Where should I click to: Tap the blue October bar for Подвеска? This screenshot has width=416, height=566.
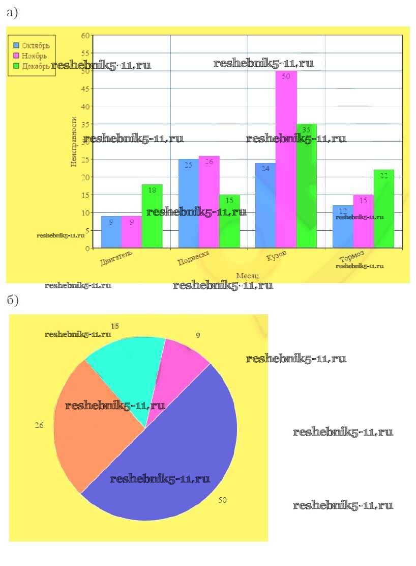pos(188,204)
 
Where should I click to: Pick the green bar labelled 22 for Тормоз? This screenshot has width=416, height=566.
pos(383,209)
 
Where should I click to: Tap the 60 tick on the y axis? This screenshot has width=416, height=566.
pos(85,35)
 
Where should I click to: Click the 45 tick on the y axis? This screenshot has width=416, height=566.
pos(85,89)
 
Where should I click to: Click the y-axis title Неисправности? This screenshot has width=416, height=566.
pos(74,142)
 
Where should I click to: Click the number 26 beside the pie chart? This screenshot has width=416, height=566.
pos(39,425)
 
